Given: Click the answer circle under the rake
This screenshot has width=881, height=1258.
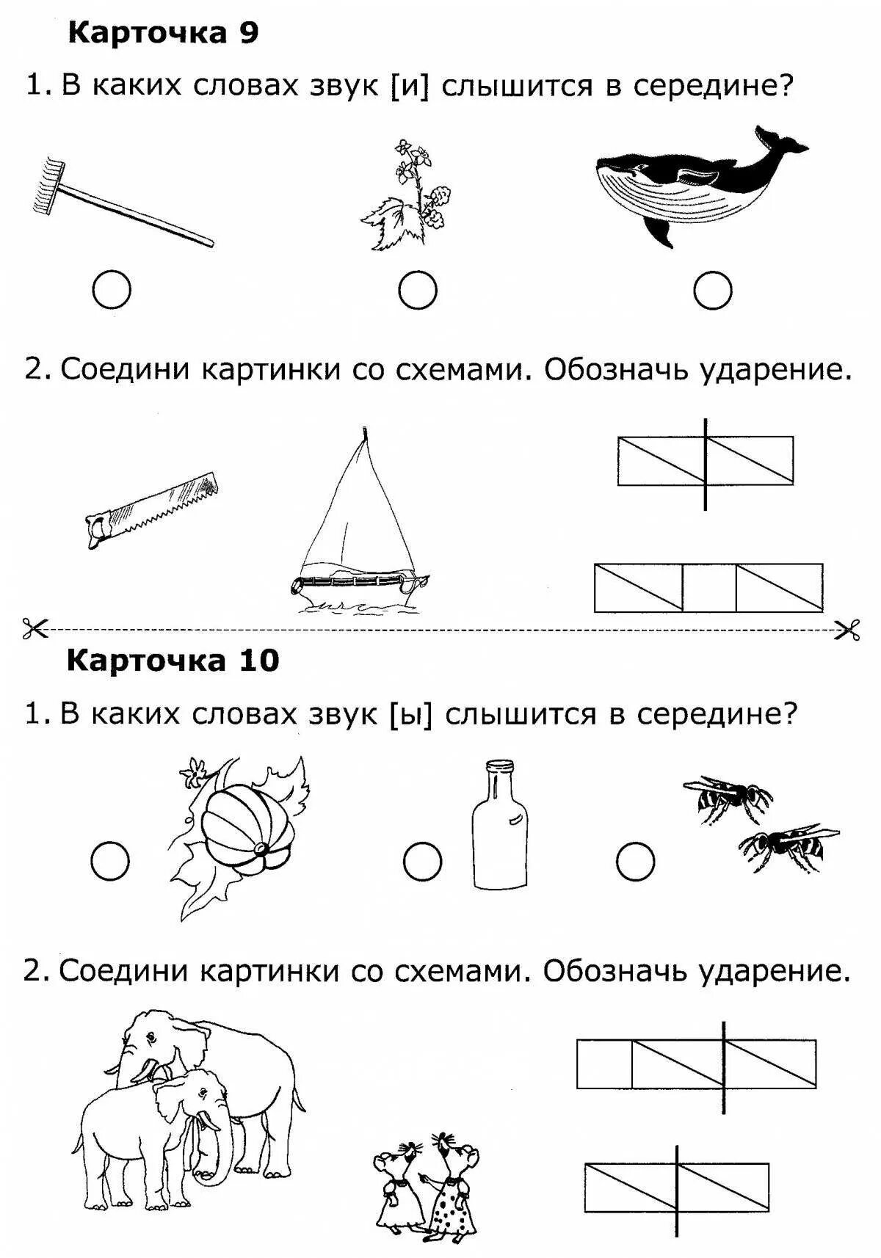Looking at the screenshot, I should [x=112, y=291].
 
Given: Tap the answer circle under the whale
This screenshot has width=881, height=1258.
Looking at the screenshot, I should [x=712, y=291].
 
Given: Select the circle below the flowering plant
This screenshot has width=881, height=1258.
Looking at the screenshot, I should [x=418, y=291].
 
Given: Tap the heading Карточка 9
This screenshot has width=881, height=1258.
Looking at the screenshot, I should [x=163, y=34].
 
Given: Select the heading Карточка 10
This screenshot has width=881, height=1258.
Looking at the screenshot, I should [x=173, y=661].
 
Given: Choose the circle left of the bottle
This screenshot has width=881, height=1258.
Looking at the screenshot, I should [x=422, y=861].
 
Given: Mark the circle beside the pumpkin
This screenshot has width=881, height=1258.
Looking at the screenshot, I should [x=110, y=861].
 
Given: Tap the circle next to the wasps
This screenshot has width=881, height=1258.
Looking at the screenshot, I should [x=635, y=861].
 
